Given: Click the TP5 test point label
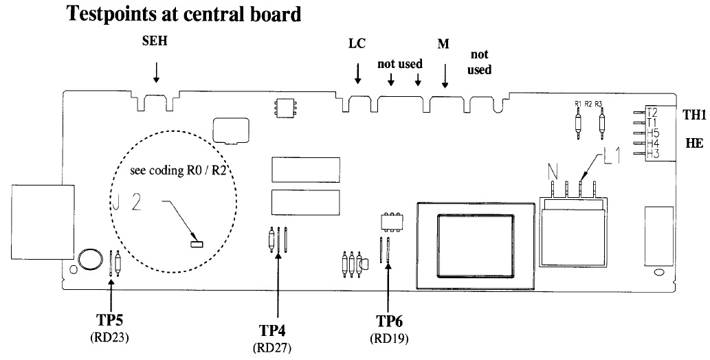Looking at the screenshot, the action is (x=110, y=319).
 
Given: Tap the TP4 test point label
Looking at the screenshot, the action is (x=272, y=330).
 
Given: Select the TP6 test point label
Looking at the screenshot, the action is (x=389, y=321).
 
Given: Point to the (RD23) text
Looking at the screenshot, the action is (x=110, y=337).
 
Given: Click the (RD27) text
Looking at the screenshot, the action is (x=272, y=348).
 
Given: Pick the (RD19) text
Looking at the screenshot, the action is (x=389, y=338).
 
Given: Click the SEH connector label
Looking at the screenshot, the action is (x=155, y=41).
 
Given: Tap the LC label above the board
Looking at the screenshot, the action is (x=357, y=43).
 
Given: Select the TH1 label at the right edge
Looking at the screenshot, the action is (x=694, y=115).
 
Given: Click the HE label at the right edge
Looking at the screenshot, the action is (x=694, y=144).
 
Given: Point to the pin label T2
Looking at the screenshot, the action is (x=653, y=112).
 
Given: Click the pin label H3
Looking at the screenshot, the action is (x=653, y=154).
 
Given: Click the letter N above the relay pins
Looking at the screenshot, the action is (x=553, y=171).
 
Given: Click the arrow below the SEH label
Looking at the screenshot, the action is (x=156, y=73).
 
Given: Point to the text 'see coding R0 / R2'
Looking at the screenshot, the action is (x=177, y=170).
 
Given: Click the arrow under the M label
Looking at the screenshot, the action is (x=445, y=76).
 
